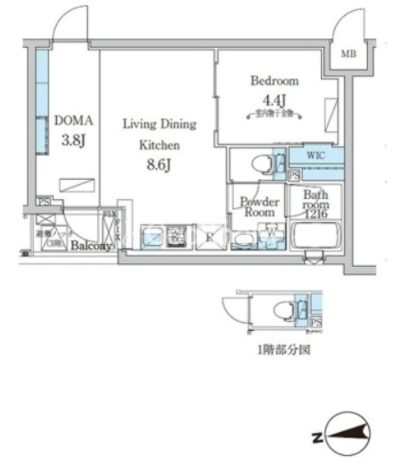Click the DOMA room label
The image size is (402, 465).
[72, 119]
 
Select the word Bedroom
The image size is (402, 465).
[274, 81]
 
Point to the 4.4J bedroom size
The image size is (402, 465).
[274, 99]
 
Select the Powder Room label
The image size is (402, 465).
[260, 206]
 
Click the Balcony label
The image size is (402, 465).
[92, 246]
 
